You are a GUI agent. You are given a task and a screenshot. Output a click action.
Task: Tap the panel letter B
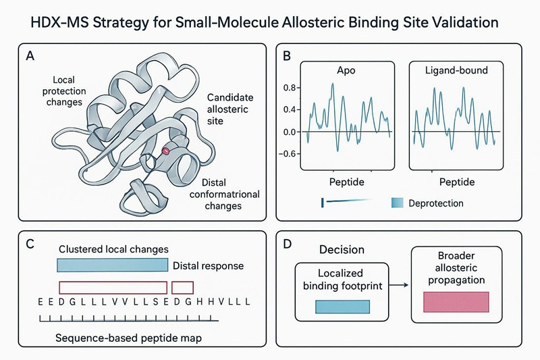coord(287,56)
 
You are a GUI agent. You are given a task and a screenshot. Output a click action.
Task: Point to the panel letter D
coord(287,244)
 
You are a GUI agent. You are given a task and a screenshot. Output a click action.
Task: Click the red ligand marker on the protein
coord(164,153)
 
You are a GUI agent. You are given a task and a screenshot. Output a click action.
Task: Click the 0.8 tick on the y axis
coord(290,88)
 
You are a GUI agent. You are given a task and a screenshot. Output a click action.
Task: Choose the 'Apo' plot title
coord(347,70)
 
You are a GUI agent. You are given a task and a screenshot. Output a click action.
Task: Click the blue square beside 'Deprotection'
coord(397,202)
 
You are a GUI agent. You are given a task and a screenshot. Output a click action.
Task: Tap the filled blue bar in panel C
coord(112,265)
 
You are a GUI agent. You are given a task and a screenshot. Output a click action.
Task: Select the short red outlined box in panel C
coord(183,286)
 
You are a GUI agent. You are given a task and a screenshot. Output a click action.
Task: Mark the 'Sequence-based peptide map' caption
coord(119,336)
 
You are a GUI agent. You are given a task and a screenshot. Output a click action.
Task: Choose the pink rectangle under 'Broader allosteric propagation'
coord(456,302)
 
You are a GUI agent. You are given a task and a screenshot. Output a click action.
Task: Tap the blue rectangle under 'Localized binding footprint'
coord(342,306)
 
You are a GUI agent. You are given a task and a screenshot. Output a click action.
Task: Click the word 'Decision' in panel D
coord(341,250)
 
